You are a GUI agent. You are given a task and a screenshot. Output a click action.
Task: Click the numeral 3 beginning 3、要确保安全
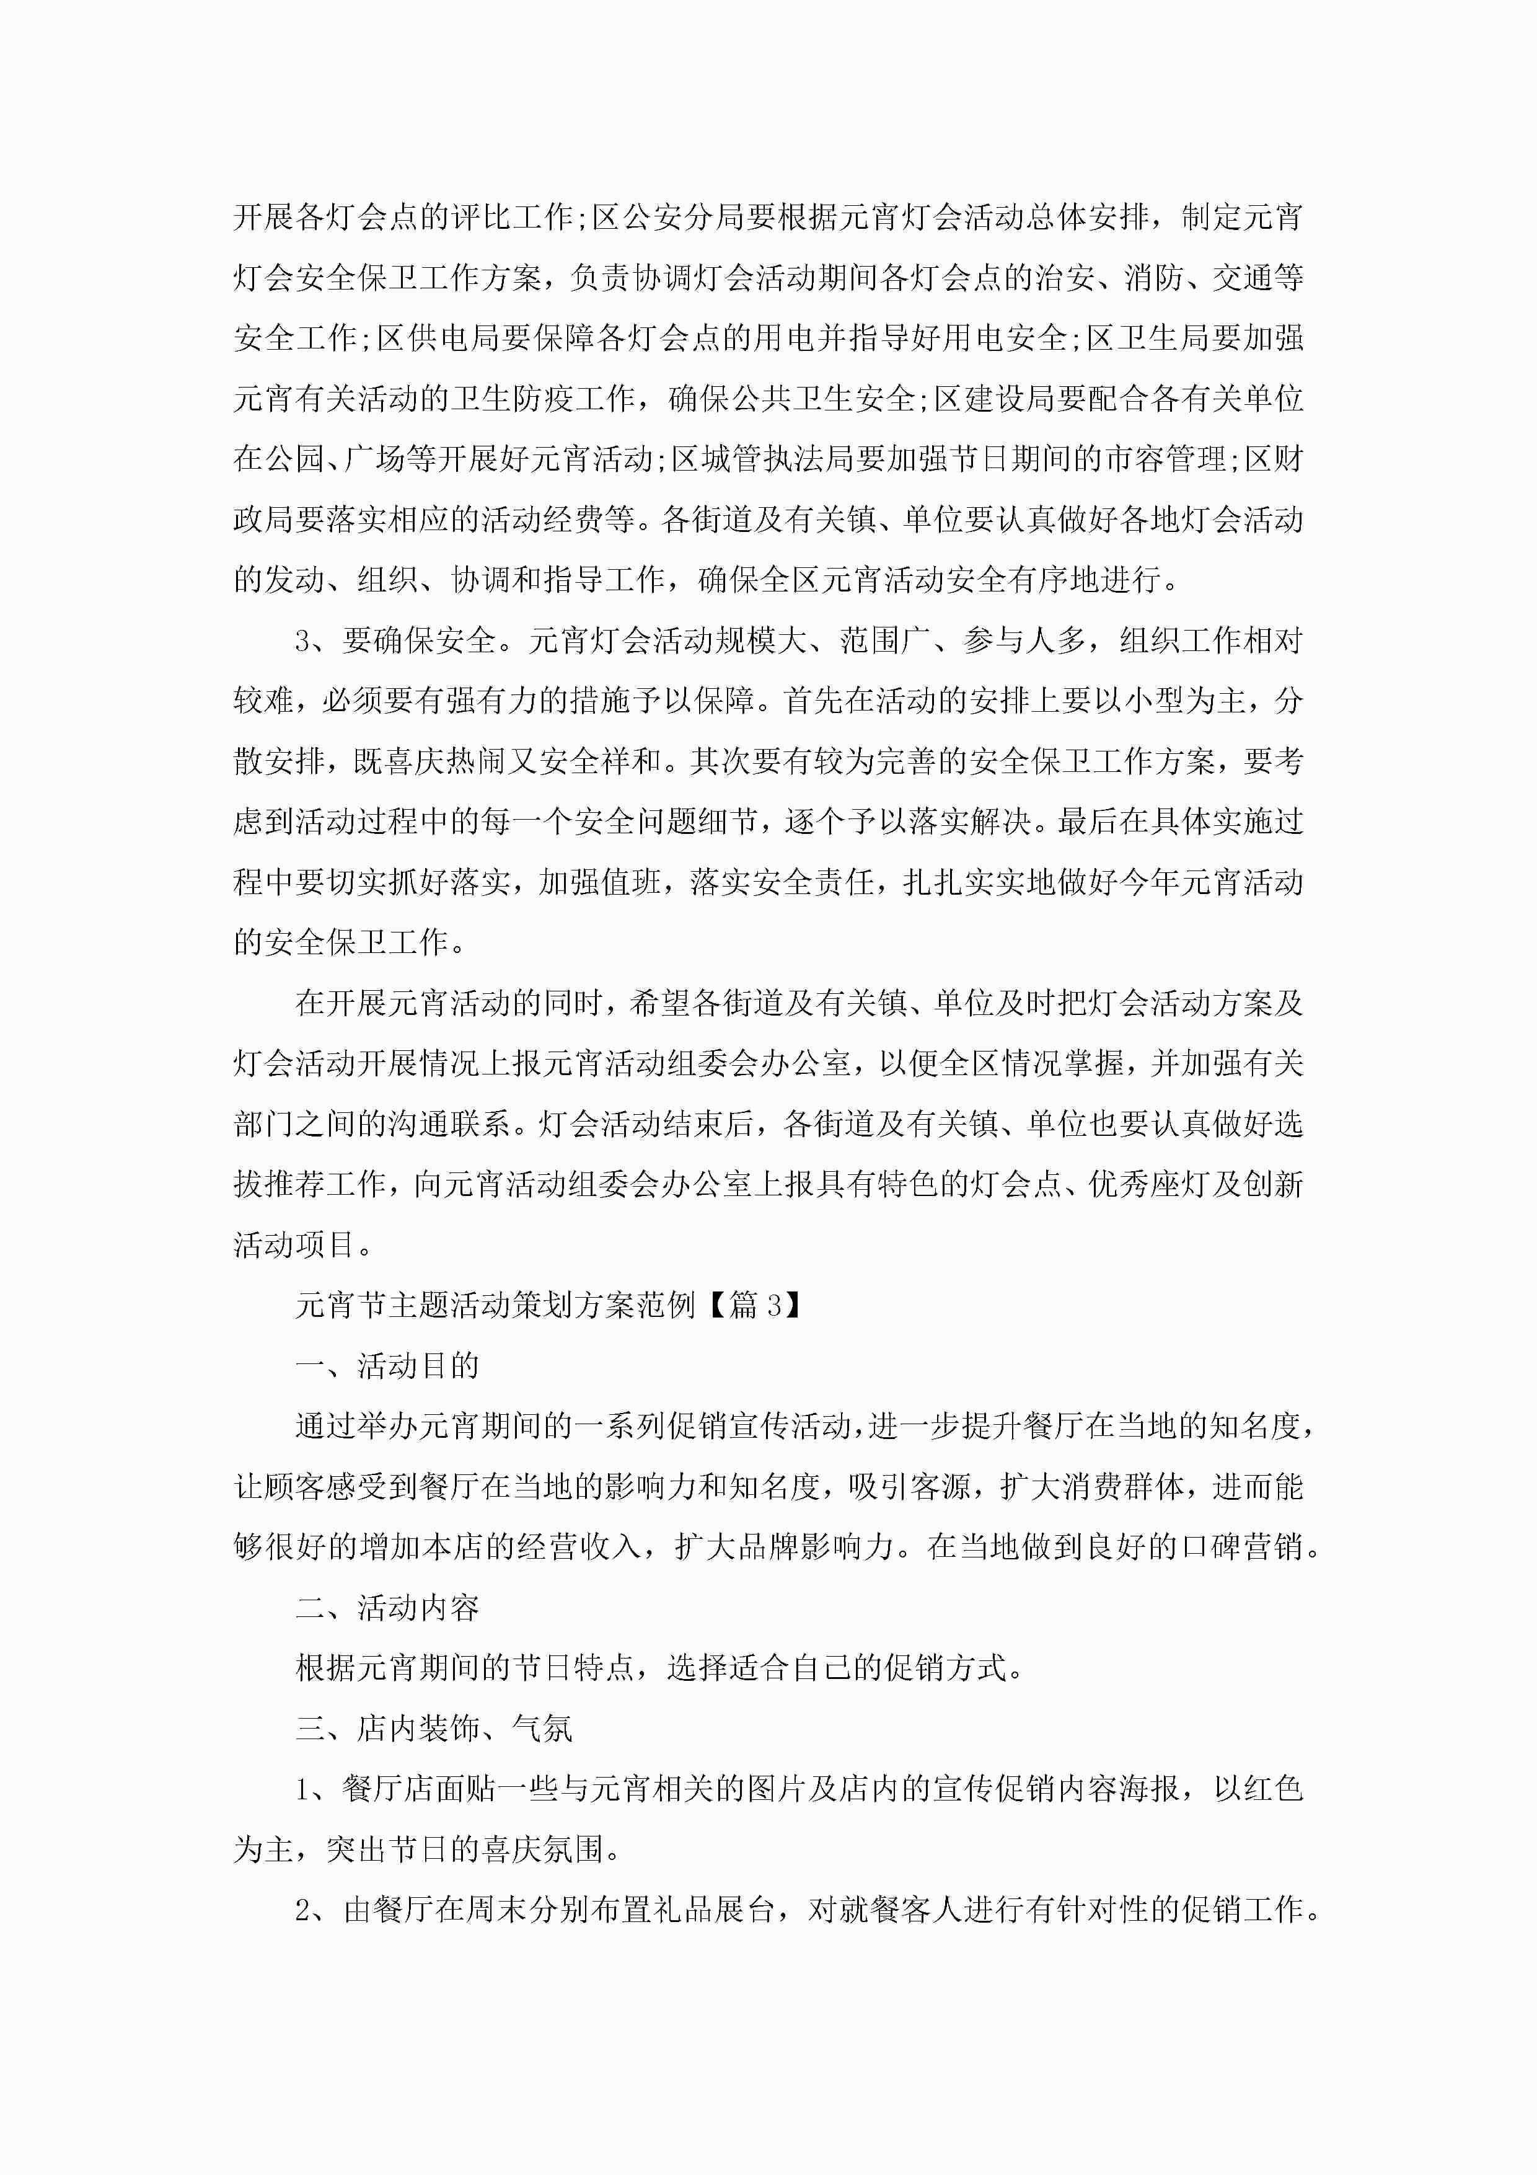303,641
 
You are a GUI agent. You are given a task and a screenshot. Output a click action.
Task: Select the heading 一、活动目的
387,1366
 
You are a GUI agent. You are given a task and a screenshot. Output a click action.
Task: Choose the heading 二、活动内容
387,1608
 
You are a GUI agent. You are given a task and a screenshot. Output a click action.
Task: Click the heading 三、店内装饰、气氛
434,1729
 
